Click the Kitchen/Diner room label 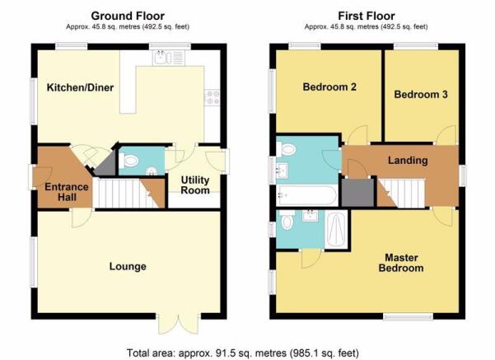[80, 87]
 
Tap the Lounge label [128, 266]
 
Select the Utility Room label [195, 185]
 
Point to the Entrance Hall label [67, 192]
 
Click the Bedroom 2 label [329, 86]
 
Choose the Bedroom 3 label [421, 95]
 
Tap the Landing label [408, 161]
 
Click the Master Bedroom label [401, 263]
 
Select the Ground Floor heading [128, 16]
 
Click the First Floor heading [367, 16]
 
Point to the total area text [243, 353]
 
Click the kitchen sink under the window [168, 58]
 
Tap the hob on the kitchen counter [212, 97]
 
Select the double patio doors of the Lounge [179, 324]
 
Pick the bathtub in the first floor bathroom [307, 195]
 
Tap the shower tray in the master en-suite [336, 230]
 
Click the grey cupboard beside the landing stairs [358, 193]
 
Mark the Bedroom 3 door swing [446, 135]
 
